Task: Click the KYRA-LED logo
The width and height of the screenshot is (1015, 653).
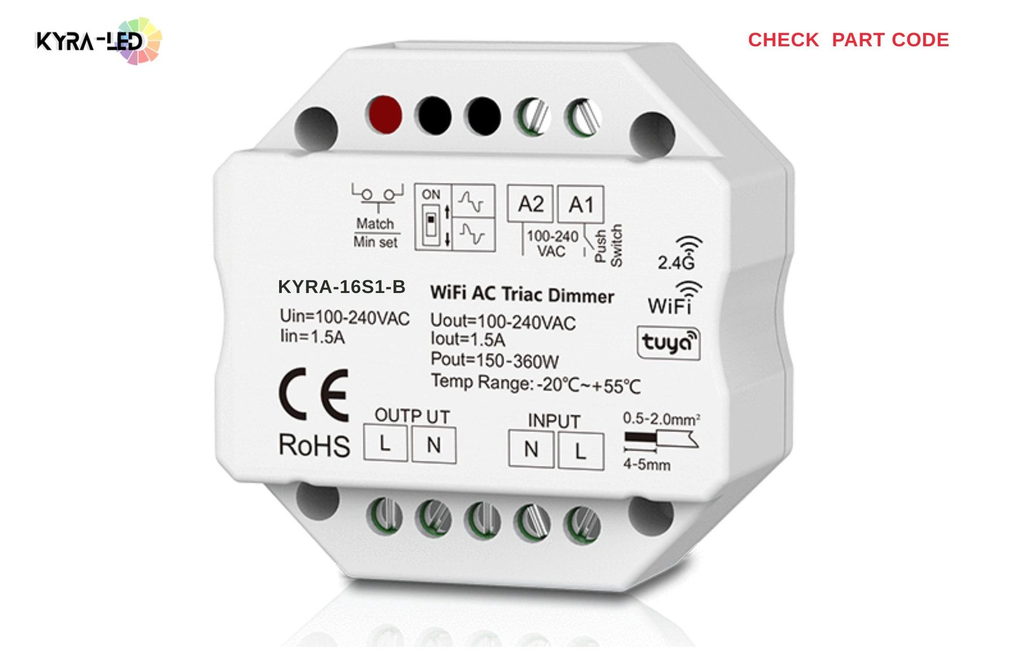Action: click(x=98, y=41)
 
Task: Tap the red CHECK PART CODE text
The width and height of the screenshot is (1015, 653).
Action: click(x=848, y=40)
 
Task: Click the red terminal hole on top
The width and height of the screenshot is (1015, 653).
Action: click(x=384, y=115)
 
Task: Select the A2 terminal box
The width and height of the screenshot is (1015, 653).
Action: click(x=530, y=204)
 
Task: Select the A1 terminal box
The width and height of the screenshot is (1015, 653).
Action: click(x=580, y=204)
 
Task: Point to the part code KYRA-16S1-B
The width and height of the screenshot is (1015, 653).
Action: click(x=342, y=286)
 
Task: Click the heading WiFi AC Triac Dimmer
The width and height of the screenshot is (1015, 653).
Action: click(x=522, y=294)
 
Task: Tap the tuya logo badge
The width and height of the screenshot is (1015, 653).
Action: click(x=669, y=343)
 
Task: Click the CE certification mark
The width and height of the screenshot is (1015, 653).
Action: click(x=314, y=395)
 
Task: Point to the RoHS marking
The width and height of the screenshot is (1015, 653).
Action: click(x=315, y=445)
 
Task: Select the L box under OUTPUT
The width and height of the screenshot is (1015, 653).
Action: click(x=385, y=443)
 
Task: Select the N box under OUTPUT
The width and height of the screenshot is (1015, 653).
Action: click(x=434, y=445)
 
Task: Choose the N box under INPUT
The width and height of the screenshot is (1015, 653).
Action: click(x=531, y=449)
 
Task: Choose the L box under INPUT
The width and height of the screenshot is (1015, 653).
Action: click(x=581, y=451)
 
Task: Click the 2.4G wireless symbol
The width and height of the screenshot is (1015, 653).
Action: click(x=680, y=253)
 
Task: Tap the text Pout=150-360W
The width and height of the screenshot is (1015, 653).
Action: click(x=494, y=360)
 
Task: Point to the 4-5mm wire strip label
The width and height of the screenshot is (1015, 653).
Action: click(x=646, y=465)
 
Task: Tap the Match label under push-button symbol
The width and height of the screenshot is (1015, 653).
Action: click(x=375, y=223)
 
